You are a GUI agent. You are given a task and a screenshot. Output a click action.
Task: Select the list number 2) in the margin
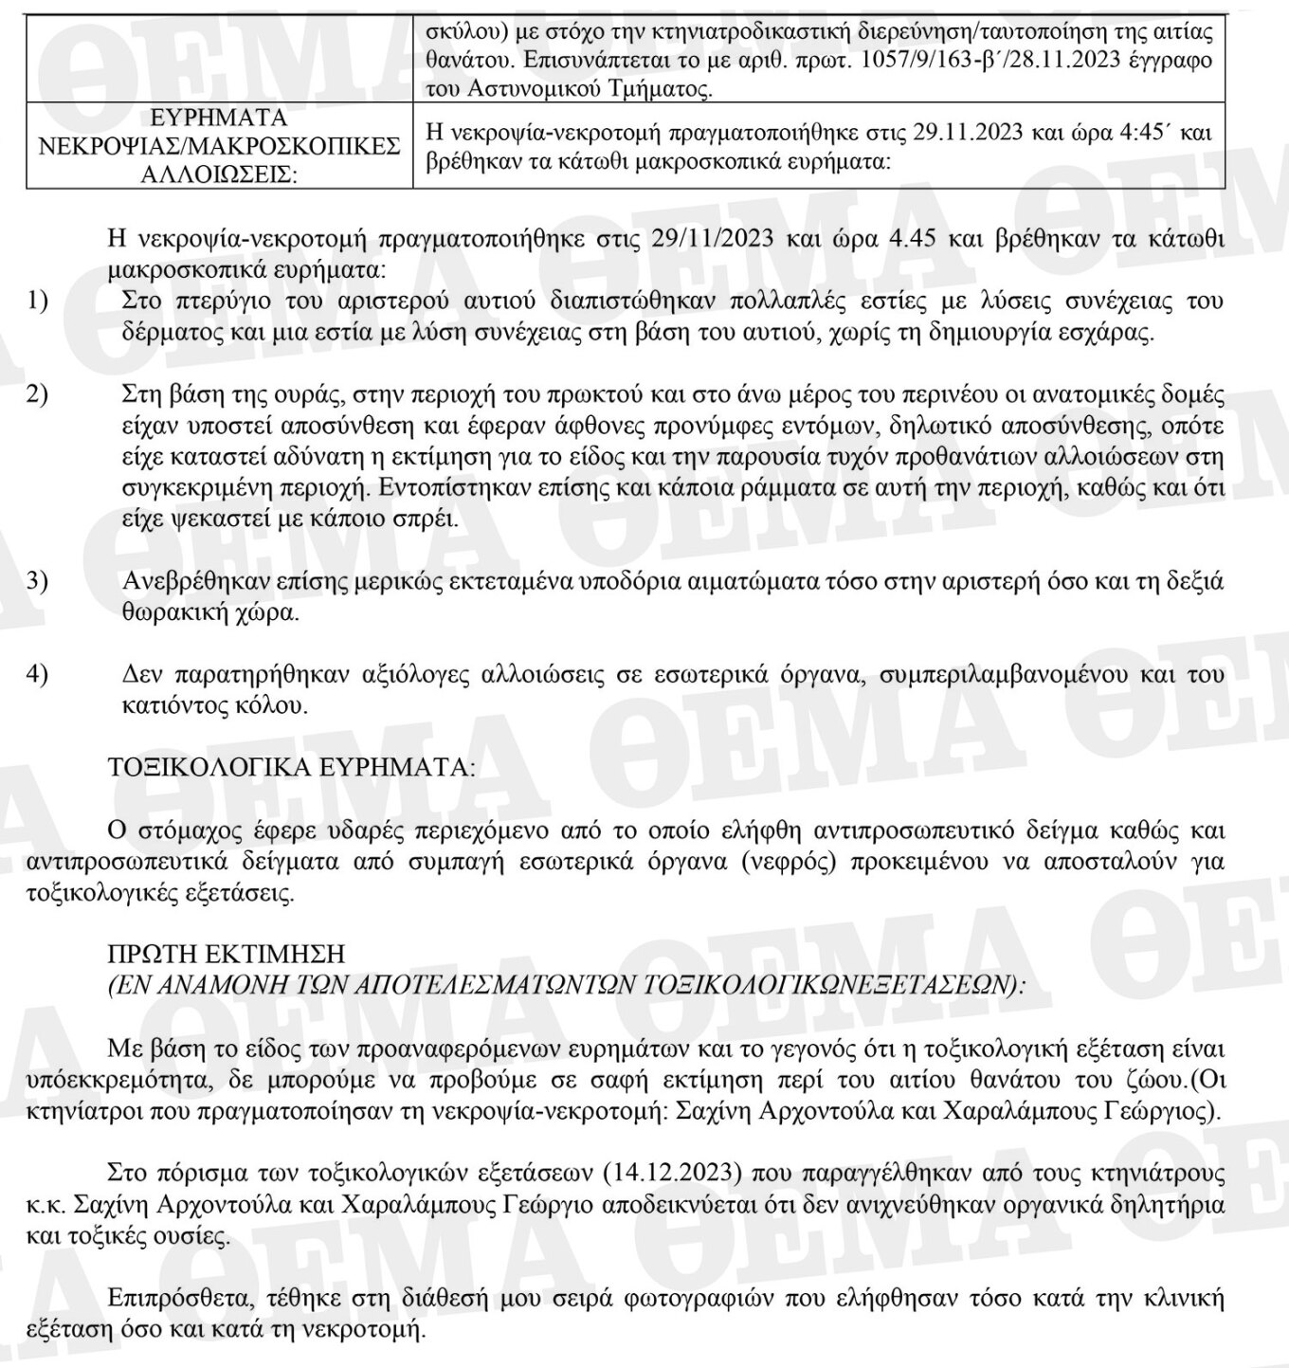tap(37, 393)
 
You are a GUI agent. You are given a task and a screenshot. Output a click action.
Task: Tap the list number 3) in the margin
tap(37, 580)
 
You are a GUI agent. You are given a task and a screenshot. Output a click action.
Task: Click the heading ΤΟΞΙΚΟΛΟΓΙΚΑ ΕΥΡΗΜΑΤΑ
tap(292, 767)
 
